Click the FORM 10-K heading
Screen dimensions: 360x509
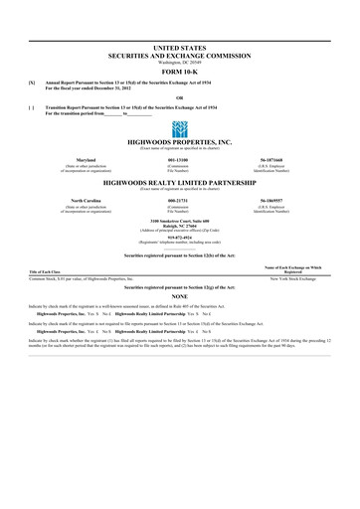179,72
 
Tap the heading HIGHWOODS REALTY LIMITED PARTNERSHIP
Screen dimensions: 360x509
179,185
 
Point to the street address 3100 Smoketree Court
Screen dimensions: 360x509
179,219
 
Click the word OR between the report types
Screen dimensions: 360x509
179,95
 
